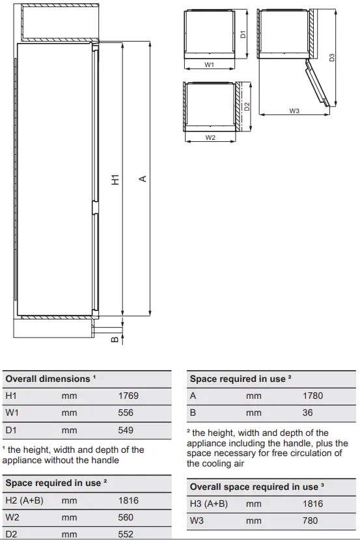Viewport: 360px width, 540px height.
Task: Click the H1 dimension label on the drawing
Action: click(115, 180)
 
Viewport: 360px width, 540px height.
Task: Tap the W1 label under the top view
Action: click(210, 65)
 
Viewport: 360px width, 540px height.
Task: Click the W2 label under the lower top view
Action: click(210, 138)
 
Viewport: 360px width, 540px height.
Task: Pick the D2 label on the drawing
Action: click(247, 105)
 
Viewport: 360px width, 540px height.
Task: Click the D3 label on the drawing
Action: click(332, 57)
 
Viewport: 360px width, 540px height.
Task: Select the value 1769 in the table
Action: click(128, 396)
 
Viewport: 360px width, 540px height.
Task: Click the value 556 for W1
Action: click(126, 412)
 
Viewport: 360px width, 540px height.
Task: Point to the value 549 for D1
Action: click(126, 430)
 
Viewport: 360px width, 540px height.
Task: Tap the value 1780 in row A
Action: click(312, 396)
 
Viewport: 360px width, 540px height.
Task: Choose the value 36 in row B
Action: click(307, 412)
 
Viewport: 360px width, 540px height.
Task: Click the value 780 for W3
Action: click(310, 521)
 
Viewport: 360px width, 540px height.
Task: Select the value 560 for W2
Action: click(126, 517)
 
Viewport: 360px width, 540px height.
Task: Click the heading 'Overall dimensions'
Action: click(48, 379)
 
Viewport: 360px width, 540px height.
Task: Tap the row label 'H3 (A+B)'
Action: click(208, 504)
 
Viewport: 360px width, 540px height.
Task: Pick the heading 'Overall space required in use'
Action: click(253, 487)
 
